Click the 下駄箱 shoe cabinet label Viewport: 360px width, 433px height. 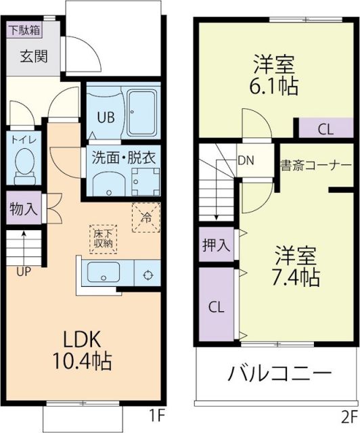click(x=24, y=30)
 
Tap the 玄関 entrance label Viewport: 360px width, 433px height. click(x=32, y=57)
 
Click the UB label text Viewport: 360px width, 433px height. click(x=105, y=116)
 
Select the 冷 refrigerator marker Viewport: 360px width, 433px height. click(x=145, y=218)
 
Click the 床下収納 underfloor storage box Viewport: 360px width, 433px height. click(x=102, y=239)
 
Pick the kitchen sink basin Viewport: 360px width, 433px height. click(x=104, y=275)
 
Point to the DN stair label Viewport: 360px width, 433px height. click(x=246, y=162)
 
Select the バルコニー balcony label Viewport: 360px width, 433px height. click(x=279, y=373)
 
